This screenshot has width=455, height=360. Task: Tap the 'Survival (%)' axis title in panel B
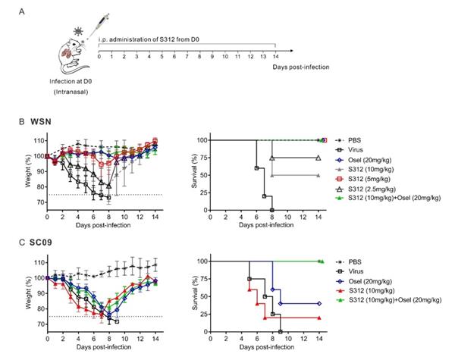tap(180, 174)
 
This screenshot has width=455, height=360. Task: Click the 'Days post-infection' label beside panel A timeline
tap(301, 67)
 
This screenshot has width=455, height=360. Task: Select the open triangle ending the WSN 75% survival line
tap(318, 158)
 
